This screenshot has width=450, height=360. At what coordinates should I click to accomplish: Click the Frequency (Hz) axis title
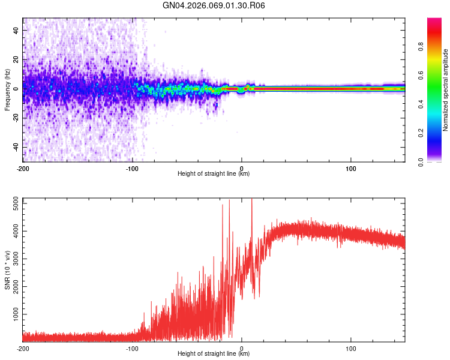[7, 90]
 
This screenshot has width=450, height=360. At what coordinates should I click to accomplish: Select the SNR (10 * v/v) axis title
[7, 270]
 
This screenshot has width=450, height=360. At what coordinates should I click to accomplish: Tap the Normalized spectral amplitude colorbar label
[445, 90]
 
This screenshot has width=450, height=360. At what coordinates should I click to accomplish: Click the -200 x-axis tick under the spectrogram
[23, 168]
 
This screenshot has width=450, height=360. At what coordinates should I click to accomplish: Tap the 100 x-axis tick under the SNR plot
[351, 348]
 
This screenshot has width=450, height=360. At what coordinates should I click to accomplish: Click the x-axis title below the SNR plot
[214, 354]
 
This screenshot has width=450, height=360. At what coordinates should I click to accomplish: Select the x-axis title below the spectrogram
[214, 174]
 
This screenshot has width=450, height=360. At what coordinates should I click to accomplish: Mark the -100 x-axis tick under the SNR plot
[132, 348]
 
